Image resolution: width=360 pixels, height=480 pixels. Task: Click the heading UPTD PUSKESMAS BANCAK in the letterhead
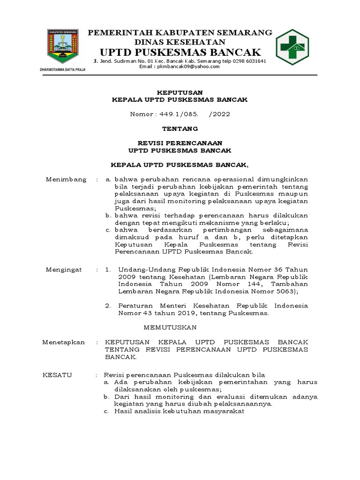pos(180,52)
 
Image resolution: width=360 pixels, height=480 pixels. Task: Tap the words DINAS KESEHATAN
pos(180,42)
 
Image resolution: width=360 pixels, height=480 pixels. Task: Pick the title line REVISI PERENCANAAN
pos(180,143)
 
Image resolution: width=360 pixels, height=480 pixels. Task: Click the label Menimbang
pos(66,180)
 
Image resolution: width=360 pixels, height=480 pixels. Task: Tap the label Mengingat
pos(64,270)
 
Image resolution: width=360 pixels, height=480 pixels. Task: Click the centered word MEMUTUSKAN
pos(170,327)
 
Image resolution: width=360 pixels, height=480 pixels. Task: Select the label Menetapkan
pos(64,342)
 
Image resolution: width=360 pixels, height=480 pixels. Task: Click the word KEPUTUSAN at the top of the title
pos(180,93)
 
